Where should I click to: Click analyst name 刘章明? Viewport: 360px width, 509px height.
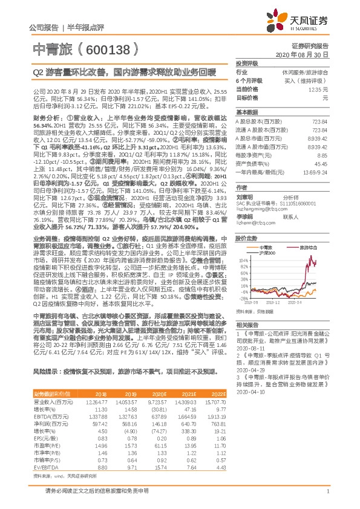pos(245,196)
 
